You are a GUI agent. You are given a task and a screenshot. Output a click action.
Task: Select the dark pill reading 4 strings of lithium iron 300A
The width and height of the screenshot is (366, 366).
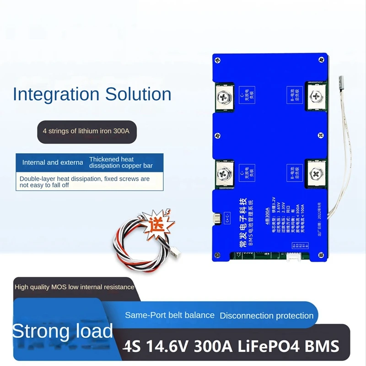coord(86,131)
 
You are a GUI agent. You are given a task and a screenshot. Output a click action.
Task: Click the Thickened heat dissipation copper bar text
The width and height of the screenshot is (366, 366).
coord(121,162)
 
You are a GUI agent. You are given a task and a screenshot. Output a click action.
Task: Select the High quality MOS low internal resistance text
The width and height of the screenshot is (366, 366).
coord(75,287)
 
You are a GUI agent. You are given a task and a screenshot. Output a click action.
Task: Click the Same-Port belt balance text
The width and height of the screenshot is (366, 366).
coord(170,315)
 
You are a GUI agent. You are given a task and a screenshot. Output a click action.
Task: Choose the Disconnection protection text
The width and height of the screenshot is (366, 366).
coord(267,316)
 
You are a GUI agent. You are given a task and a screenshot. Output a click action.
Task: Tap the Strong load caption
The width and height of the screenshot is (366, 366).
coord(62,331)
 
